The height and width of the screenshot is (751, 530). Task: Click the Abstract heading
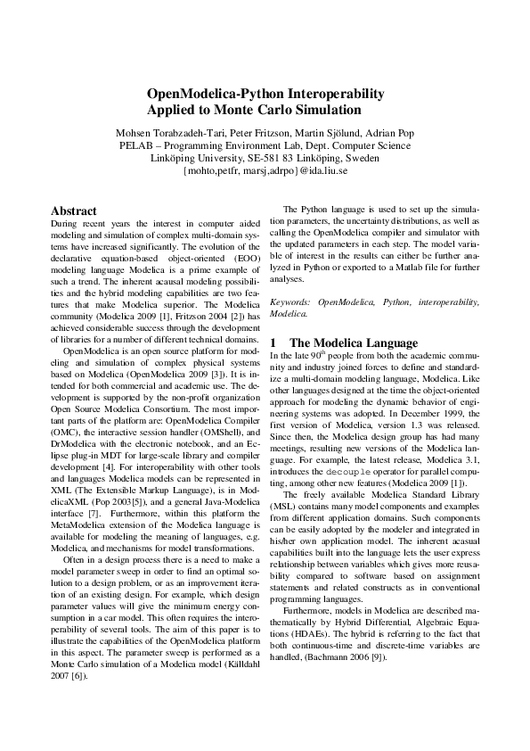point(74,211)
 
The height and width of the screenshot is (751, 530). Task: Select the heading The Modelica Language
point(354,342)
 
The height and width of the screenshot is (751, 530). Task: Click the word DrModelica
point(76,433)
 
